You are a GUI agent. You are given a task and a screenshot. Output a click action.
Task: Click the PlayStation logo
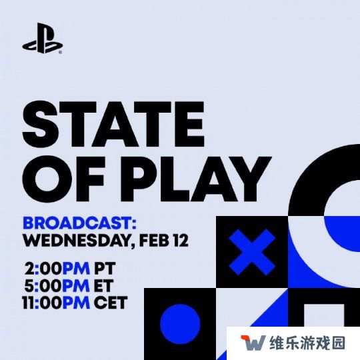click(x=42, y=38)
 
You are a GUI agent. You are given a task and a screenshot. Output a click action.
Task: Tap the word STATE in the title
click(x=113, y=124)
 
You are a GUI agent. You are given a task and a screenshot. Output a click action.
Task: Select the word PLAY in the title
click(x=199, y=179)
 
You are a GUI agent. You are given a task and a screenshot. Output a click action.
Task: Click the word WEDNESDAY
click(x=77, y=241)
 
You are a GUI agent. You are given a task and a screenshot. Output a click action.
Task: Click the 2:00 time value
click(x=43, y=269)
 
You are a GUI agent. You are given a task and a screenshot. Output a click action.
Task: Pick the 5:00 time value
click(x=43, y=285)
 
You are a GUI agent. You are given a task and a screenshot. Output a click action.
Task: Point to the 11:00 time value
click(x=42, y=303)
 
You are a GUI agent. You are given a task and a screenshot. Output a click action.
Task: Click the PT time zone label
click(x=105, y=269)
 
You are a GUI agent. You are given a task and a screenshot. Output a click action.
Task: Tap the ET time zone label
click(x=103, y=285)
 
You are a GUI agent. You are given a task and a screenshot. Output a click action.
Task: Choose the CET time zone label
click(x=111, y=303)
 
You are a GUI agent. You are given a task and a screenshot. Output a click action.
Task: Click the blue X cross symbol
click(x=252, y=252)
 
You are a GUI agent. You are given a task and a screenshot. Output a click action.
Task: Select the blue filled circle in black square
click(x=180, y=324)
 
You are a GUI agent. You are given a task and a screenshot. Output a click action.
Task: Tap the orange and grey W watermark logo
click(x=253, y=343)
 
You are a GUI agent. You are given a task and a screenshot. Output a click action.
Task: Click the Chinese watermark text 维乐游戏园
click(x=307, y=343)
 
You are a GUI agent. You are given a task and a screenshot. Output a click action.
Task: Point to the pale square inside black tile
click(x=324, y=315)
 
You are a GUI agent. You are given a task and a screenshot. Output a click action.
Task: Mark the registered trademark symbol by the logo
click(x=60, y=53)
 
